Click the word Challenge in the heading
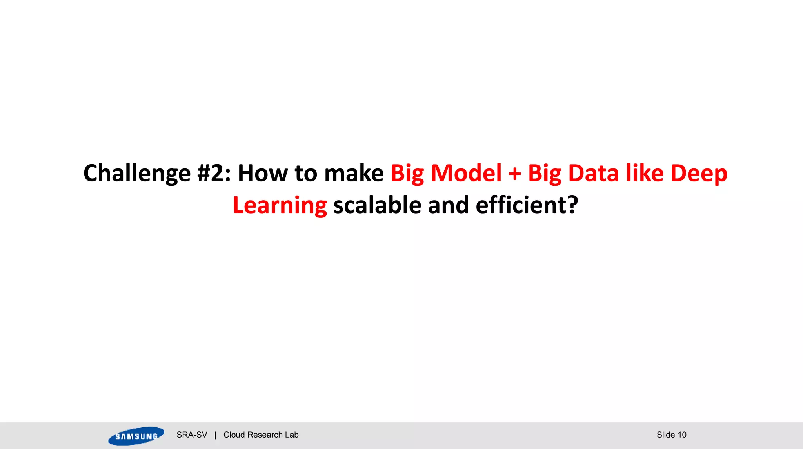tap(137, 174)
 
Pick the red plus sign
tap(514, 174)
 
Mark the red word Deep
tap(699, 174)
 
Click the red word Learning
tap(280, 206)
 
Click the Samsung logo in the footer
tap(136, 436)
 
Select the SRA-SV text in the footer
tap(192, 435)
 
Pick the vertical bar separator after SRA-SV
tap(215, 435)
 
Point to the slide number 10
tap(682, 435)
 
